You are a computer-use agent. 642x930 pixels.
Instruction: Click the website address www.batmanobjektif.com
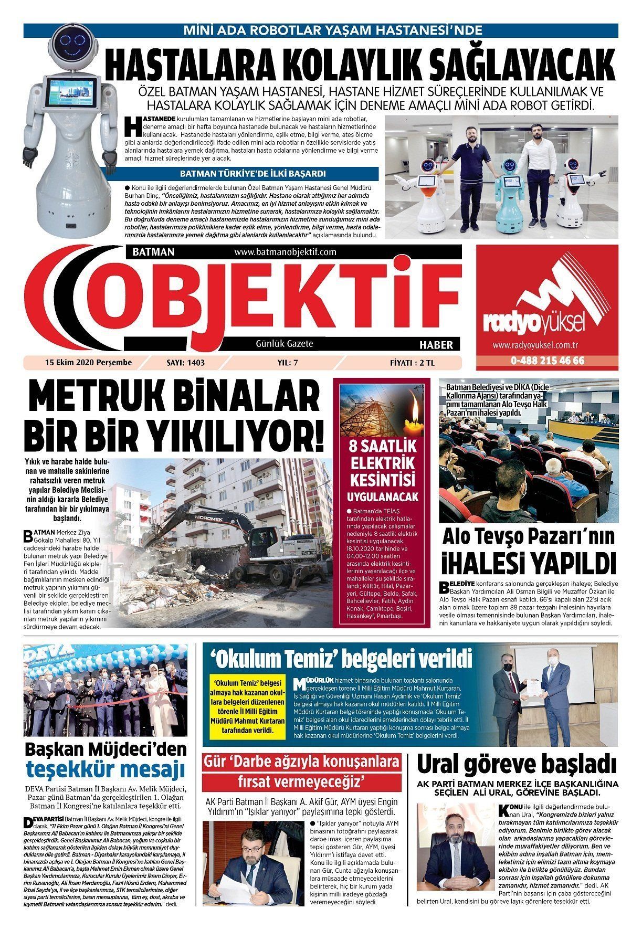[x=285, y=252]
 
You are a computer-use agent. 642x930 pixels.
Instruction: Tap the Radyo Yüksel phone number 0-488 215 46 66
[x=547, y=361]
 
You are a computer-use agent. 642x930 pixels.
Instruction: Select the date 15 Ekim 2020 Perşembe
[x=88, y=362]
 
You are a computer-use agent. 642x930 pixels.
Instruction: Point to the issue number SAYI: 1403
[x=185, y=362]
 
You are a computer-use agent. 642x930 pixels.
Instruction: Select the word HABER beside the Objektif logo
[x=436, y=345]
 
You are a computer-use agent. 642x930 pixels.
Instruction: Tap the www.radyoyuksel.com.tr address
[x=535, y=345]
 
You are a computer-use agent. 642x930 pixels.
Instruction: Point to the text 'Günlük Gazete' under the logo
[x=284, y=344]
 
